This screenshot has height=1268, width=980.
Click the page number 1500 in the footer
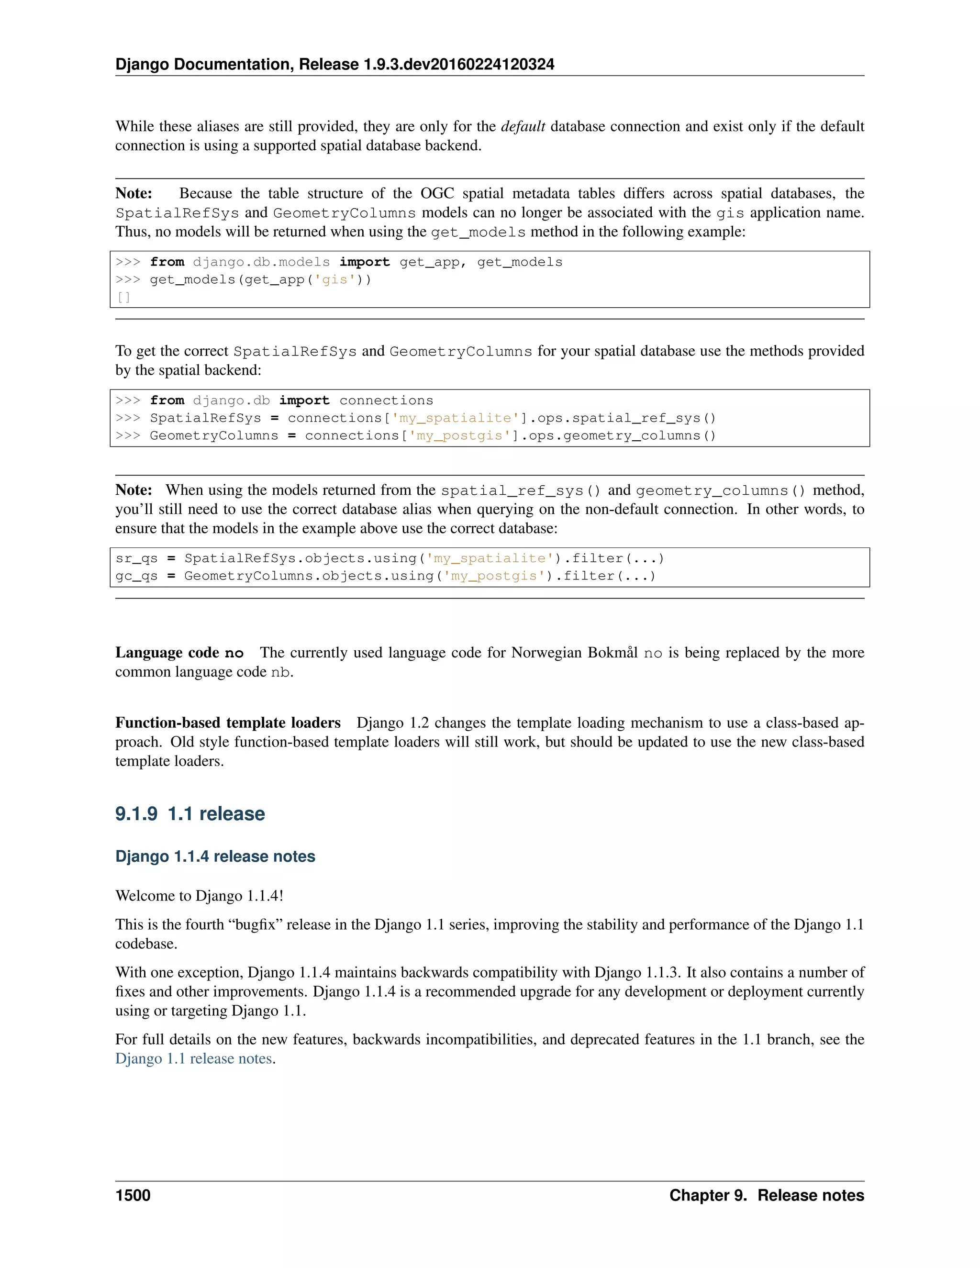[x=133, y=1195]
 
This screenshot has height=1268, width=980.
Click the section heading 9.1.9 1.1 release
[x=190, y=813]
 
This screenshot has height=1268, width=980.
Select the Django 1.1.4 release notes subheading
[x=215, y=856]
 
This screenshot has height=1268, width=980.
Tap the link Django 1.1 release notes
[x=193, y=1058]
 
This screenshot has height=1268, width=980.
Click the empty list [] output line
[x=123, y=297]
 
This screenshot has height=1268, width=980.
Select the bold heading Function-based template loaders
[x=228, y=723]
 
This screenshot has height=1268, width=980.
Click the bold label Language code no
[x=179, y=653]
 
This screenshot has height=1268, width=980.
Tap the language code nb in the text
[x=281, y=672]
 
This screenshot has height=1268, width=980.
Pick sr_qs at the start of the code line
[x=136, y=558]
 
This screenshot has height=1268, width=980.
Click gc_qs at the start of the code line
[x=136, y=576]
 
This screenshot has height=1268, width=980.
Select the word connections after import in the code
[x=386, y=400]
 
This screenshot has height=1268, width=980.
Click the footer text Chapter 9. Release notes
[x=767, y=1195]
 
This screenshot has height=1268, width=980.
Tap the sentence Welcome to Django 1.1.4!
[x=199, y=895]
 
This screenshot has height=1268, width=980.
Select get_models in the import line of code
[x=520, y=262]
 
